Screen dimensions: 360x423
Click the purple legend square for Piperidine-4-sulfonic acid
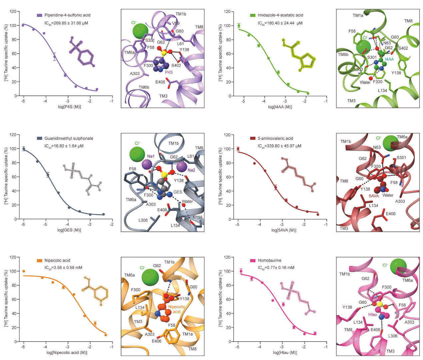tap(39, 15)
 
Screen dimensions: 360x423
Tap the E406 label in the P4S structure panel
tap(160, 82)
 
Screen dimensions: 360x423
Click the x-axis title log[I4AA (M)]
tap(280, 107)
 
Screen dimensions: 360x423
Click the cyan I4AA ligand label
tap(389, 59)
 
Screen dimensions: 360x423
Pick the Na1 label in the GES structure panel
tap(151, 156)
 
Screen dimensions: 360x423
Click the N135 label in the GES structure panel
tap(198, 217)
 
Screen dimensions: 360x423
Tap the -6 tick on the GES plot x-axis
tap(23, 225)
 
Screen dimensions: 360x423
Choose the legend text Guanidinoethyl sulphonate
tap(69, 138)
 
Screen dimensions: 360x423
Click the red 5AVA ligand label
tap(374, 196)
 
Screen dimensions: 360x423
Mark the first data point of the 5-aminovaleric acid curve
tap(238, 149)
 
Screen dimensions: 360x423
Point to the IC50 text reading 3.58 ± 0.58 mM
tap(63, 268)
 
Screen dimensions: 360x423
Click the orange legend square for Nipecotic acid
tap(39, 261)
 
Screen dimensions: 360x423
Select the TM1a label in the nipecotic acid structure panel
tap(187, 334)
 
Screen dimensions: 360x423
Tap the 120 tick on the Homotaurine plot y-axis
tap(227, 257)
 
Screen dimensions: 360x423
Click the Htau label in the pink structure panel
tap(373, 314)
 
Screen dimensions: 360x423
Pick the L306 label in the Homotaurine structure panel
tap(393, 336)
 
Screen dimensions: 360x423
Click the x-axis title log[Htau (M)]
tap(285, 353)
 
